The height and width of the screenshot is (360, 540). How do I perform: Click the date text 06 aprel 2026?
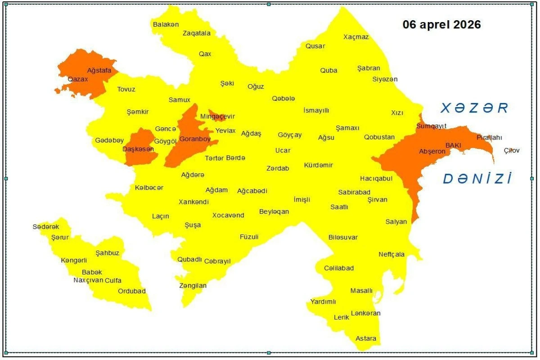coord(441,24)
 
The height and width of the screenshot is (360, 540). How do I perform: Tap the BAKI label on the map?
coord(453,145)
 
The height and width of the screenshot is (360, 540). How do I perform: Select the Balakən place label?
coord(166,24)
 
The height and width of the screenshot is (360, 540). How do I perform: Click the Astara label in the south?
coord(366,338)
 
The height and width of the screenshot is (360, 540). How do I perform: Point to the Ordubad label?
coord(132,291)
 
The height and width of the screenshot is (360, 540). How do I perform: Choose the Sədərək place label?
coord(46,227)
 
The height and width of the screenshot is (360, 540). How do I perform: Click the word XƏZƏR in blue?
coord(474,108)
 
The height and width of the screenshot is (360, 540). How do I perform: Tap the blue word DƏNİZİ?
coord(477,179)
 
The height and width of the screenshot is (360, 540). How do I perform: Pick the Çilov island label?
coord(512,150)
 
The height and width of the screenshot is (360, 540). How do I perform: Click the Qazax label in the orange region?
coord(78,79)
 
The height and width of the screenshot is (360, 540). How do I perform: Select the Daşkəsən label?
coord(138,149)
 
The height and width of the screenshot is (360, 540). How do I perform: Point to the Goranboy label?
coord(195,139)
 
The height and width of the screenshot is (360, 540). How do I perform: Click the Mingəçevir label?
coord(218,117)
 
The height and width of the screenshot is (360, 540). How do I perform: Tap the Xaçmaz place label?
coord(356,37)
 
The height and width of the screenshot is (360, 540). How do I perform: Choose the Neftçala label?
coord(391,254)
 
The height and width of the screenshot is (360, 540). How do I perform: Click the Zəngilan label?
coord(193,286)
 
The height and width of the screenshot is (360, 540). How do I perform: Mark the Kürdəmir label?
coord(319,165)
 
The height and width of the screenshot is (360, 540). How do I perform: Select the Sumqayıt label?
coord(431,126)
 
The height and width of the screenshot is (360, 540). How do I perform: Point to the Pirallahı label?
coord(489,137)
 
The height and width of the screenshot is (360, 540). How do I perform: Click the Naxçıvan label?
coord(88,280)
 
